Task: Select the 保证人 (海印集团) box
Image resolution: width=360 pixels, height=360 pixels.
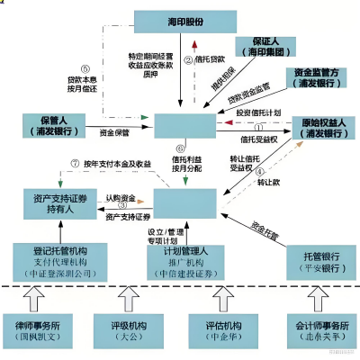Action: (x=262, y=49)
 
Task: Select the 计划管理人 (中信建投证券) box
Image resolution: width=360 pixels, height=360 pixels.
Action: (x=184, y=256)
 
